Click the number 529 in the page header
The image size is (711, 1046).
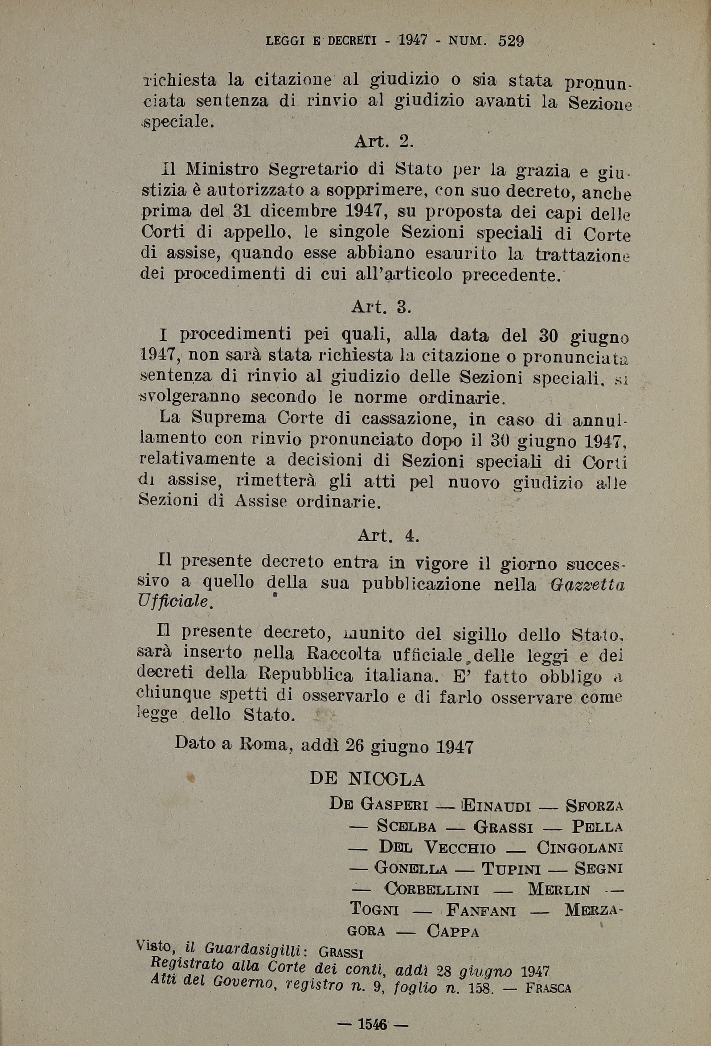pos(511,41)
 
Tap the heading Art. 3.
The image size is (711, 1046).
pos(381,307)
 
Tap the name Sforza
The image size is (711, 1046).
pos(595,804)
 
